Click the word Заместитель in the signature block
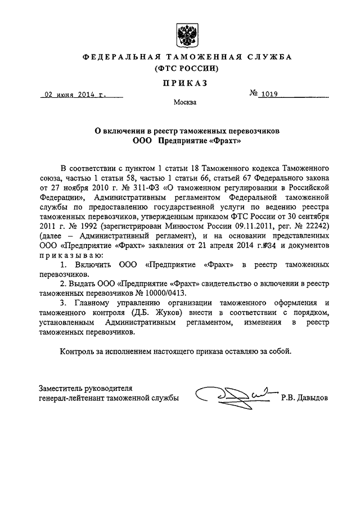(x=62, y=388)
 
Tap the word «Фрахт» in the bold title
(x=224, y=141)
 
